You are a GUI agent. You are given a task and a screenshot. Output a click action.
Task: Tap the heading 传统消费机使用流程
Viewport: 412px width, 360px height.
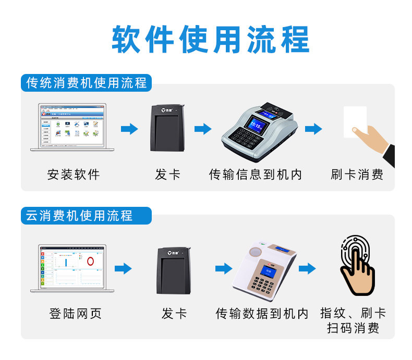coord(87,83)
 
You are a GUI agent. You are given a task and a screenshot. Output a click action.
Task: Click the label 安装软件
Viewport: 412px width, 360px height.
coord(73,175)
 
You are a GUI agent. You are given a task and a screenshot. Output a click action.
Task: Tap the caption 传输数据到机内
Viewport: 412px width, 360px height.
coord(262,313)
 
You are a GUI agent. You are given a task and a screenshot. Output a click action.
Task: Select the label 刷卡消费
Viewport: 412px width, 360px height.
coord(357,175)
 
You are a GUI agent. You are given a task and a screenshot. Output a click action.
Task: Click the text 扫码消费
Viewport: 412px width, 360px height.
coord(353,328)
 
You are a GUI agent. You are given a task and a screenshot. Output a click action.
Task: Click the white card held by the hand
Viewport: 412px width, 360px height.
coord(355,121)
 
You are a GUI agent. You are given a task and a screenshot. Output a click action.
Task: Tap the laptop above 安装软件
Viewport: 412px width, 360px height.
coord(72,127)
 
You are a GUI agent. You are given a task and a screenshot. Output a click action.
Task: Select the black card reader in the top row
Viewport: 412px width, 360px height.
coord(167,128)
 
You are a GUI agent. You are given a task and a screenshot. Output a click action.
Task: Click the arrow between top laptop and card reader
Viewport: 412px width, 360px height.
coord(129,129)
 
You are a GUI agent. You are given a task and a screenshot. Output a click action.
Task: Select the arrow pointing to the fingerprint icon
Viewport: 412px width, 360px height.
coord(307,269)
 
